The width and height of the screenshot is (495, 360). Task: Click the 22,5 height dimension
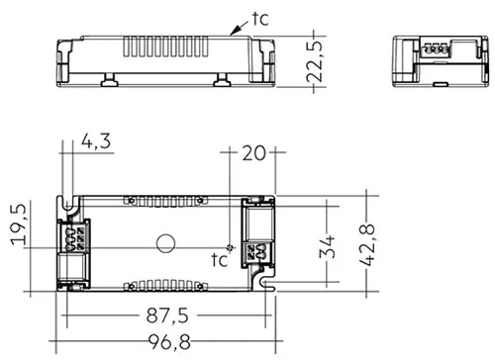point(314,61)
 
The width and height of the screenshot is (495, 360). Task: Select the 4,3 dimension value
point(96,141)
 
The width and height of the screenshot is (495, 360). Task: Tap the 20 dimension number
point(253,153)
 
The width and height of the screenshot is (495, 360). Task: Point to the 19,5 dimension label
point(19,225)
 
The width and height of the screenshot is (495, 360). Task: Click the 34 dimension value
point(327,246)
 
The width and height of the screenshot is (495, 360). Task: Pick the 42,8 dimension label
point(367,245)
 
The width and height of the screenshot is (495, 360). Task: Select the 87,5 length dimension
point(167,315)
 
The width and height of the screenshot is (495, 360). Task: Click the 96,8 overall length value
point(169,342)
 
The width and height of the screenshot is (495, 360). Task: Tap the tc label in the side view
point(260,19)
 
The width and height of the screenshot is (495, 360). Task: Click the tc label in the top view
point(220,260)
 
